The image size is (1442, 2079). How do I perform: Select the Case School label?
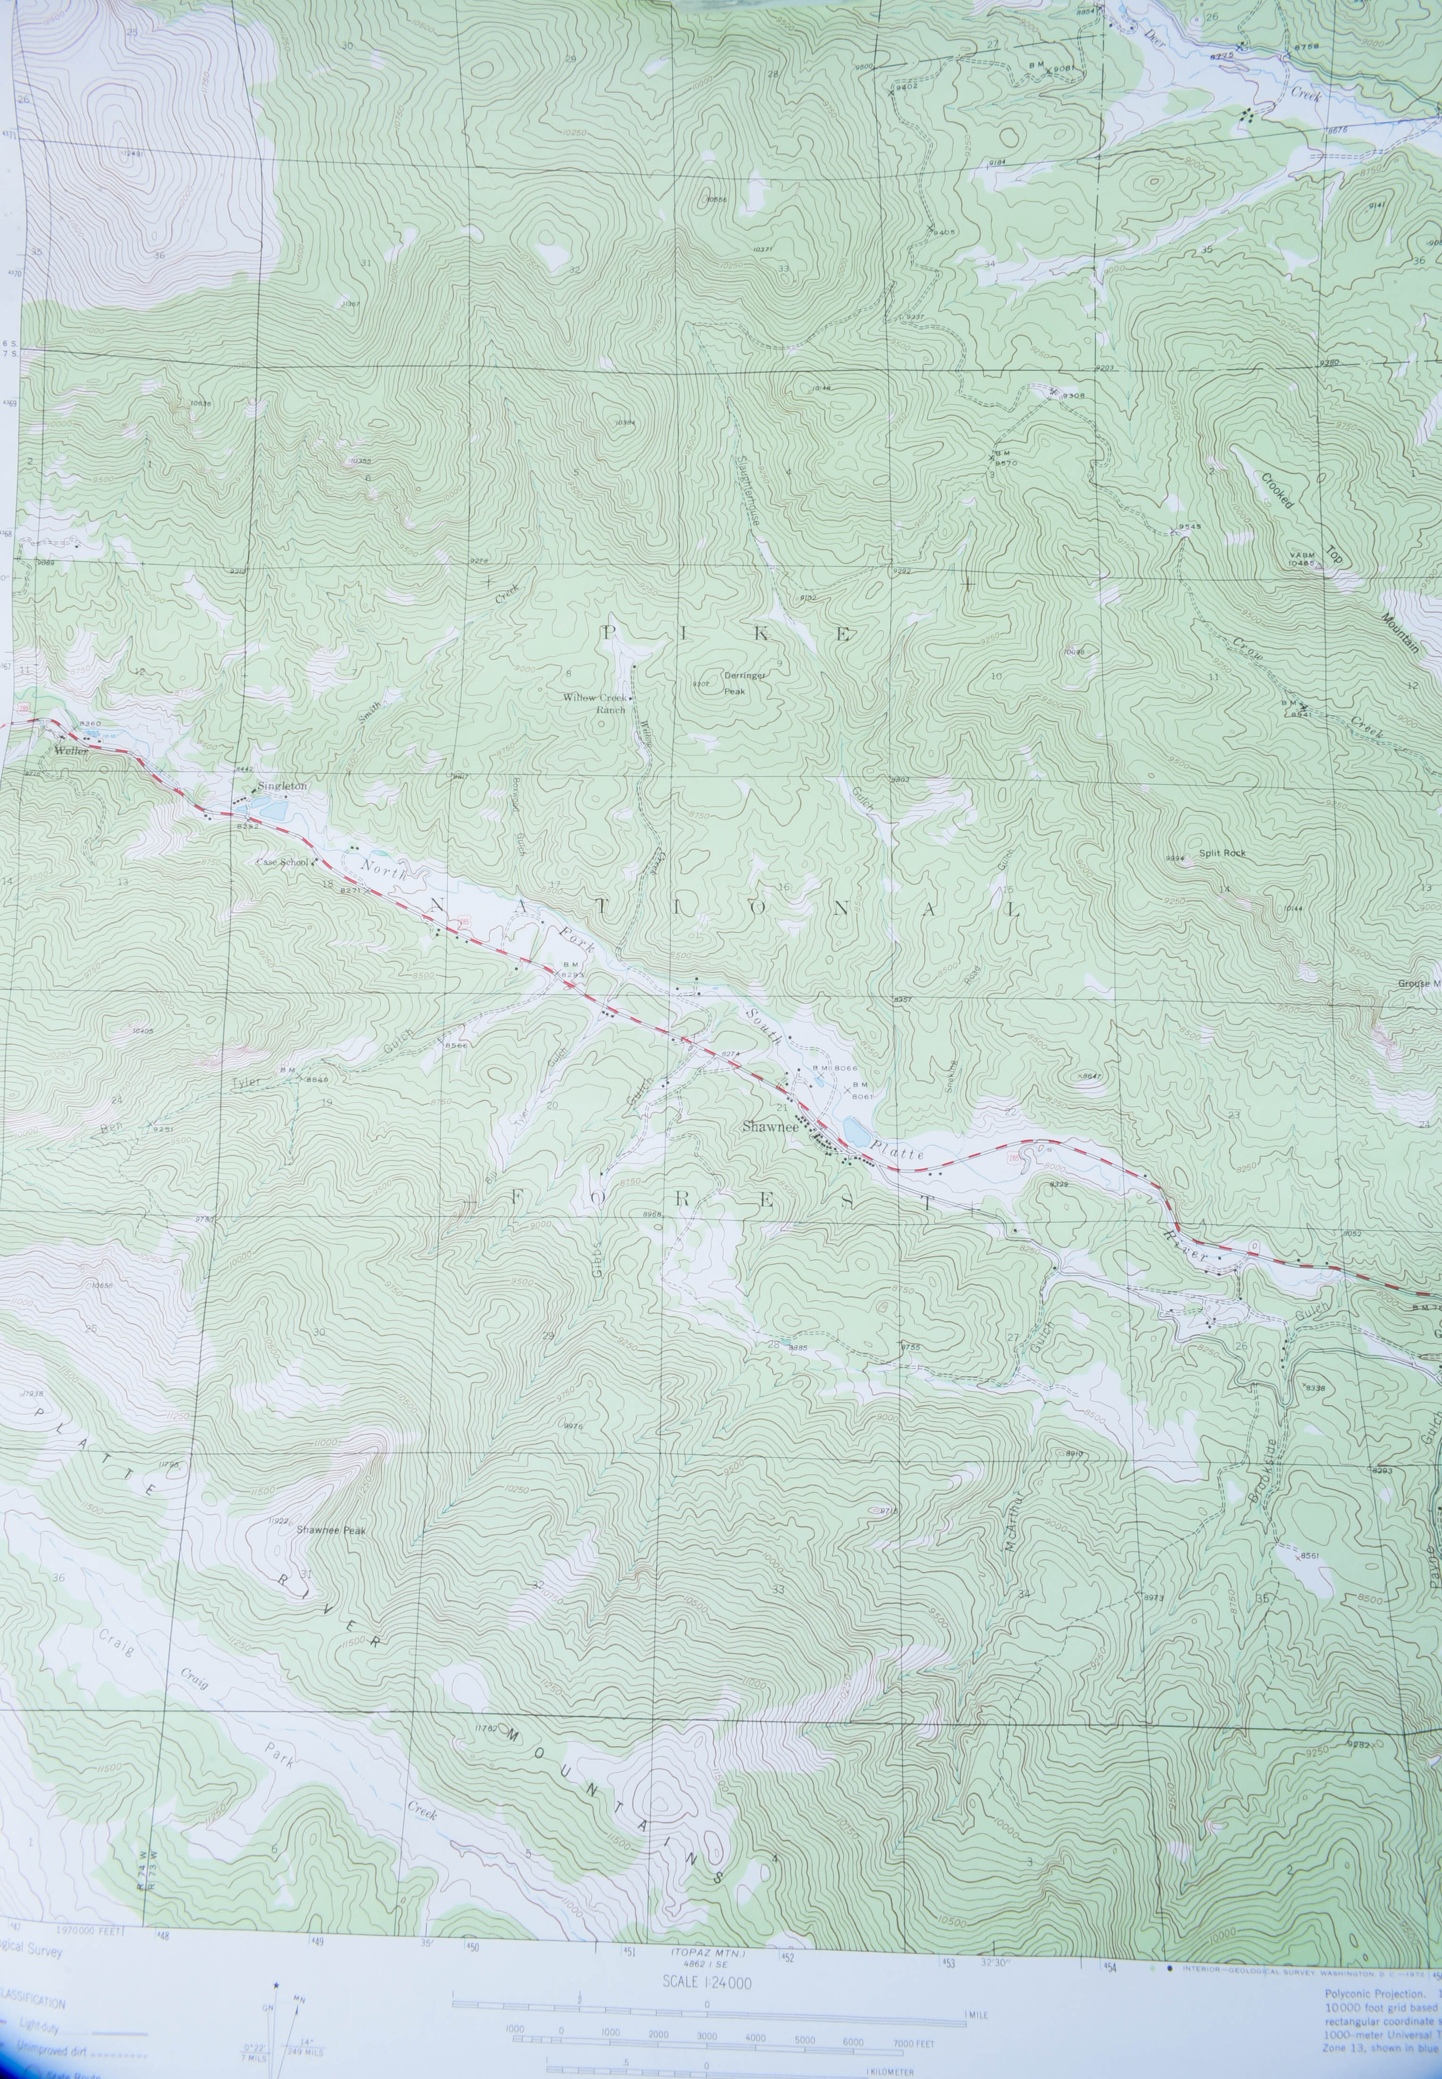click(282, 862)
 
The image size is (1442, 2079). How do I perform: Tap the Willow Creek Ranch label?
click(595, 703)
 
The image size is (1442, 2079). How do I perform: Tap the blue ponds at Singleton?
click(270, 807)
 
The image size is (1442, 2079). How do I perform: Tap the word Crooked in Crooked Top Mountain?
click(1278, 491)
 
